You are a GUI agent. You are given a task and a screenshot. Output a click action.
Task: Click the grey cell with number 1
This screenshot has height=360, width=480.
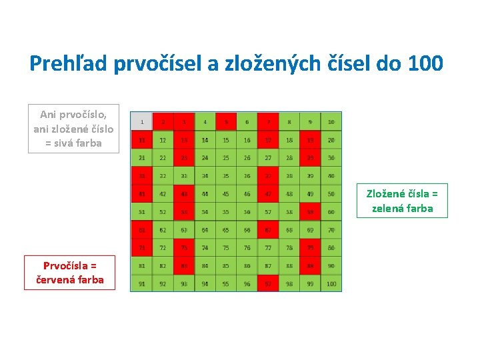point(141,121)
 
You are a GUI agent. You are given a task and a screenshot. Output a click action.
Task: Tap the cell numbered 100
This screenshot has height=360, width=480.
point(331,283)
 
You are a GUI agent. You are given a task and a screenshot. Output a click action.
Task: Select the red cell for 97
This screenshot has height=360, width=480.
point(268,283)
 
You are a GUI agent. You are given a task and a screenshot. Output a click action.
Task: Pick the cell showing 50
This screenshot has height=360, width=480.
point(331,193)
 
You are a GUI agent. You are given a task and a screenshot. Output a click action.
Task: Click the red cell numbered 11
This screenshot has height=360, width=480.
point(141,139)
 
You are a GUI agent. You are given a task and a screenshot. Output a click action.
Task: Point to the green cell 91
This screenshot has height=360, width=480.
point(141,283)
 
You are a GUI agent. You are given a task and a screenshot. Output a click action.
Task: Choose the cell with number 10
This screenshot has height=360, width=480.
point(331,121)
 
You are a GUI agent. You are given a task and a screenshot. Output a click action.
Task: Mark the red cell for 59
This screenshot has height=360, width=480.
point(310,211)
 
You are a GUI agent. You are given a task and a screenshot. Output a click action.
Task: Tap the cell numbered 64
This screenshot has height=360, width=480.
point(205,229)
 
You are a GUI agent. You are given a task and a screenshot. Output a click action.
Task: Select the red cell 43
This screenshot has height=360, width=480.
point(184,193)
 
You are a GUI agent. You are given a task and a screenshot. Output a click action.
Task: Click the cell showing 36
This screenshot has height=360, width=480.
point(247,175)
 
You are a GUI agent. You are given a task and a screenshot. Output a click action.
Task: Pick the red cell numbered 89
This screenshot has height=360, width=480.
point(310,265)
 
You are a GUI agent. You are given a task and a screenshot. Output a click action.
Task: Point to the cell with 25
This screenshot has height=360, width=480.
point(226,157)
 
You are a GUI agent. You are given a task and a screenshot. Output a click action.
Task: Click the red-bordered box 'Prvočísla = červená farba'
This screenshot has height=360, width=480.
point(69,273)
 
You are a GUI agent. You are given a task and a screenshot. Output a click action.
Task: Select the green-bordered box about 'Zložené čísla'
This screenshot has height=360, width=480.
point(402,201)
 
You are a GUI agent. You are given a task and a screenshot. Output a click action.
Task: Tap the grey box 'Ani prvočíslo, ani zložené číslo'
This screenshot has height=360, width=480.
point(73,129)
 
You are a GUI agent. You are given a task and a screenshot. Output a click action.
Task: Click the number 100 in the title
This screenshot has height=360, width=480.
point(423,63)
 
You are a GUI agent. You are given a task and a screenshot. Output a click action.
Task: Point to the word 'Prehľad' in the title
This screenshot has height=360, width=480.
point(69,63)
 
